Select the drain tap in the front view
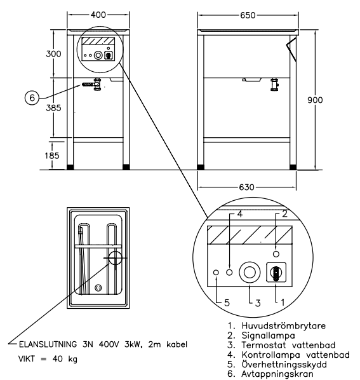[91, 84]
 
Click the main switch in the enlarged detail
[276, 272]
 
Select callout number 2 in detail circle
[285, 215]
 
